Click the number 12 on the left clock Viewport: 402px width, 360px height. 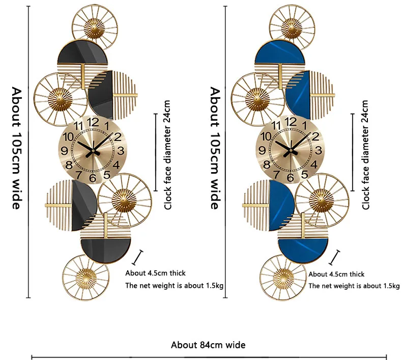(x=93, y=122)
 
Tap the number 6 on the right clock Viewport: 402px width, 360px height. (x=290, y=178)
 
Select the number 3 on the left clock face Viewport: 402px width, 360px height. (x=121, y=150)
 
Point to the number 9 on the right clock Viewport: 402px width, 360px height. (x=262, y=151)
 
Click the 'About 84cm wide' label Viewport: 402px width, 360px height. (x=208, y=345)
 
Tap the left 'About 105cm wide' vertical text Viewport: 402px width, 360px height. (x=17, y=148)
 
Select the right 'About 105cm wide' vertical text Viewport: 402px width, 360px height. (x=215, y=148)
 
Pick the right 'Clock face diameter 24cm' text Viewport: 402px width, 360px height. (x=365, y=155)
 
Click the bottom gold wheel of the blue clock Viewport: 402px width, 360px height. (x=283, y=278)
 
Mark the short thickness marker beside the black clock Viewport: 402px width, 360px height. (x=137, y=257)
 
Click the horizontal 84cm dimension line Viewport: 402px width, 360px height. (x=209, y=357)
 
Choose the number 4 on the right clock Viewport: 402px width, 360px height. (x=314, y=164)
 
